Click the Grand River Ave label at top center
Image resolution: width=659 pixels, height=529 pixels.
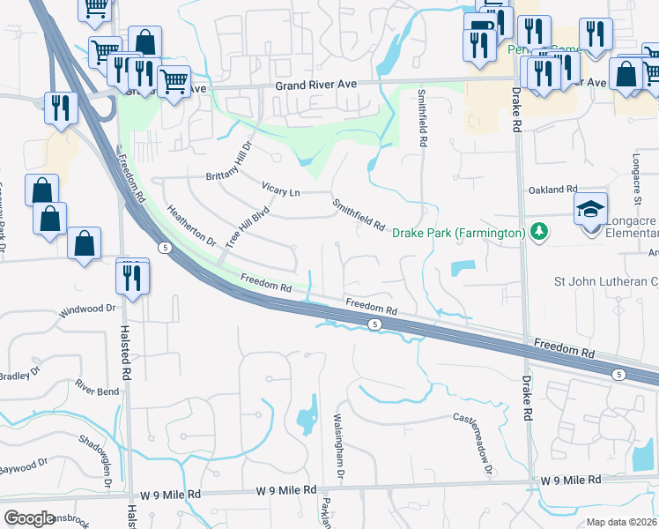pyautogui.click(x=315, y=85)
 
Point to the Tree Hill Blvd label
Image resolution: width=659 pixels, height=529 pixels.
pyautogui.click(x=246, y=227)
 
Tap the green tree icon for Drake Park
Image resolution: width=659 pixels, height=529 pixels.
pyautogui.click(x=537, y=233)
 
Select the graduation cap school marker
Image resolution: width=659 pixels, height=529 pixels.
pyautogui.click(x=590, y=210)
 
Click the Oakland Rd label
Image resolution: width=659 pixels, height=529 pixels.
pyautogui.click(x=552, y=190)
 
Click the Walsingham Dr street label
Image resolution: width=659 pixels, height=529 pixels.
pyautogui.click(x=337, y=447)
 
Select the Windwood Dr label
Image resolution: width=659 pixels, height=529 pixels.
pyautogui.click(x=87, y=310)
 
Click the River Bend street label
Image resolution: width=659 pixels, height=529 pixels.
pyautogui.click(x=97, y=388)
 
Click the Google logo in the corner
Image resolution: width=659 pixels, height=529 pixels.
pyautogui.click(x=28, y=518)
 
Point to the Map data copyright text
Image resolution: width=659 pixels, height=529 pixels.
pyautogui.click(x=621, y=522)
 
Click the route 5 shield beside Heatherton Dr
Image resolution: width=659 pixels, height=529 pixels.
pyautogui.click(x=165, y=249)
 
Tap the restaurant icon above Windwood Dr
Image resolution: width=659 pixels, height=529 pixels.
pyautogui.click(x=133, y=277)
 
